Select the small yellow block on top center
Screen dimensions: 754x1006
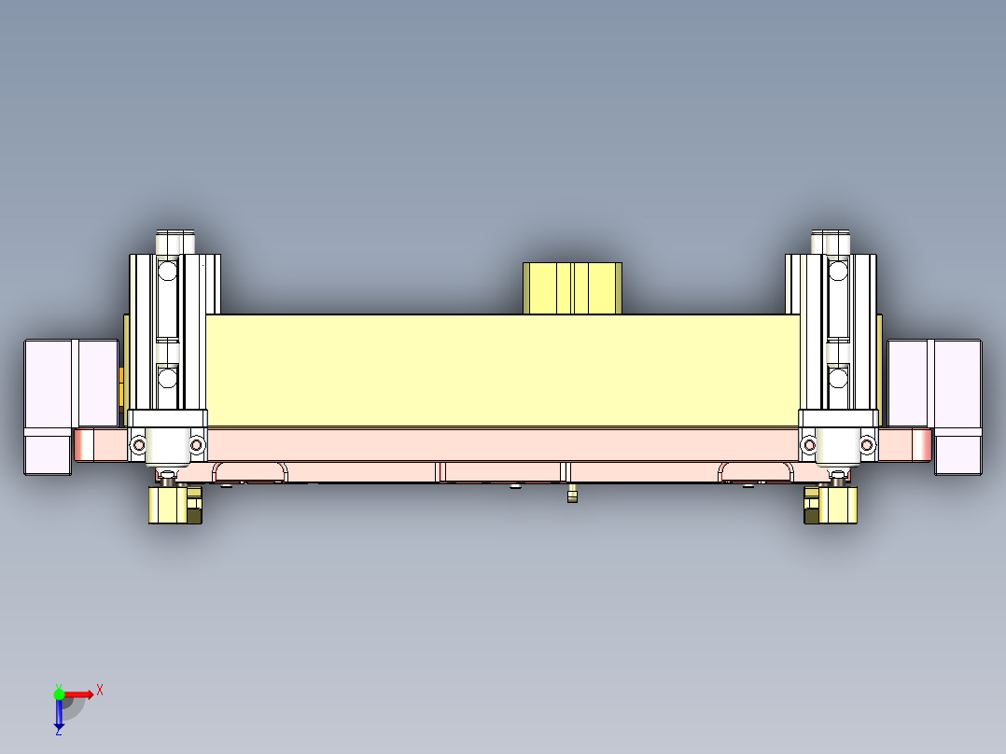[572, 288]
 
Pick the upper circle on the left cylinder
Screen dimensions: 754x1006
[167, 272]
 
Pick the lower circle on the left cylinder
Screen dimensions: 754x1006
[167, 378]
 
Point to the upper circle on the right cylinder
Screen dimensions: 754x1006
[838, 272]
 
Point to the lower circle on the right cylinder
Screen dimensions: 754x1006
[838, 378]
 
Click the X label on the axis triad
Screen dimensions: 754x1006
[100, 690]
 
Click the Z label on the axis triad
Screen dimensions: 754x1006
[58, 732]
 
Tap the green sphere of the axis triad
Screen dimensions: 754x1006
[59, 693]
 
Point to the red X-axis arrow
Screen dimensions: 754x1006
[78, 693]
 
